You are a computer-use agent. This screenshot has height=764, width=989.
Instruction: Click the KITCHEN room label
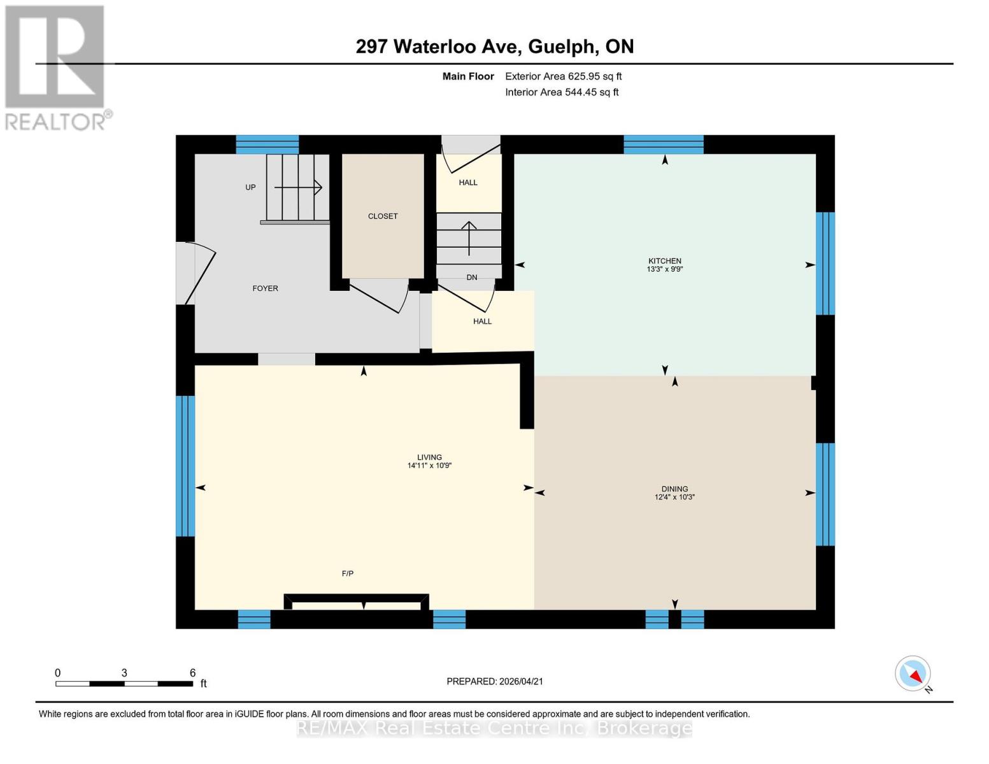[x=665, y=261]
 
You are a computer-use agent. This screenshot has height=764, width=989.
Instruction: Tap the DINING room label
[x=674, y=489]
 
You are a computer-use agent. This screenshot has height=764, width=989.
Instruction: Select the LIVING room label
[x=429, y=457]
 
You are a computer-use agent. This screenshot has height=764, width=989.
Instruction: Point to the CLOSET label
[x=383, y=216]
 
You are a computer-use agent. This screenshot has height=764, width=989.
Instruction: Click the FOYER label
[x=265, y=288]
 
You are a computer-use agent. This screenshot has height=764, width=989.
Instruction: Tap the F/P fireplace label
[x=348, y=574]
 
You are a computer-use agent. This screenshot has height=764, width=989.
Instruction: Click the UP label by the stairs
[x=250, y=187]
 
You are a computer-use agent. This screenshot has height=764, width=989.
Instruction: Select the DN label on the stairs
[x=472, y=278]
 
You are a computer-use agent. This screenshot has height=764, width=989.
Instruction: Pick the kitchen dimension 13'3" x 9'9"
[x=665, y=269]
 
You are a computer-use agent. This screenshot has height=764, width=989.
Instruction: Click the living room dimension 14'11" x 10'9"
[x=429, y=465]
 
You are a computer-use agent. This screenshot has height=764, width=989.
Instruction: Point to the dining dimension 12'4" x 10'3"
[x=674, y=497]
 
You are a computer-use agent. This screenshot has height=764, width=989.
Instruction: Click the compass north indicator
[x=913, y=674]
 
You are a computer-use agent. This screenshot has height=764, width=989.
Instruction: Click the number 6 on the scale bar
[x=192, y=673]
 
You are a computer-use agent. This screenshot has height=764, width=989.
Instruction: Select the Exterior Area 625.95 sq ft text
[x=563, y=76]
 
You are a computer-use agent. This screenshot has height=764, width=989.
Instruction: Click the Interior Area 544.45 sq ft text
[x=562, y=92]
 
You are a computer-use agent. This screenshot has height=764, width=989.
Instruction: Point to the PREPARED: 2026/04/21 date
[x=495, y=681]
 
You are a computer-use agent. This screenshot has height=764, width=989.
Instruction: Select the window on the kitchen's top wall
[x=664, y=145]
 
